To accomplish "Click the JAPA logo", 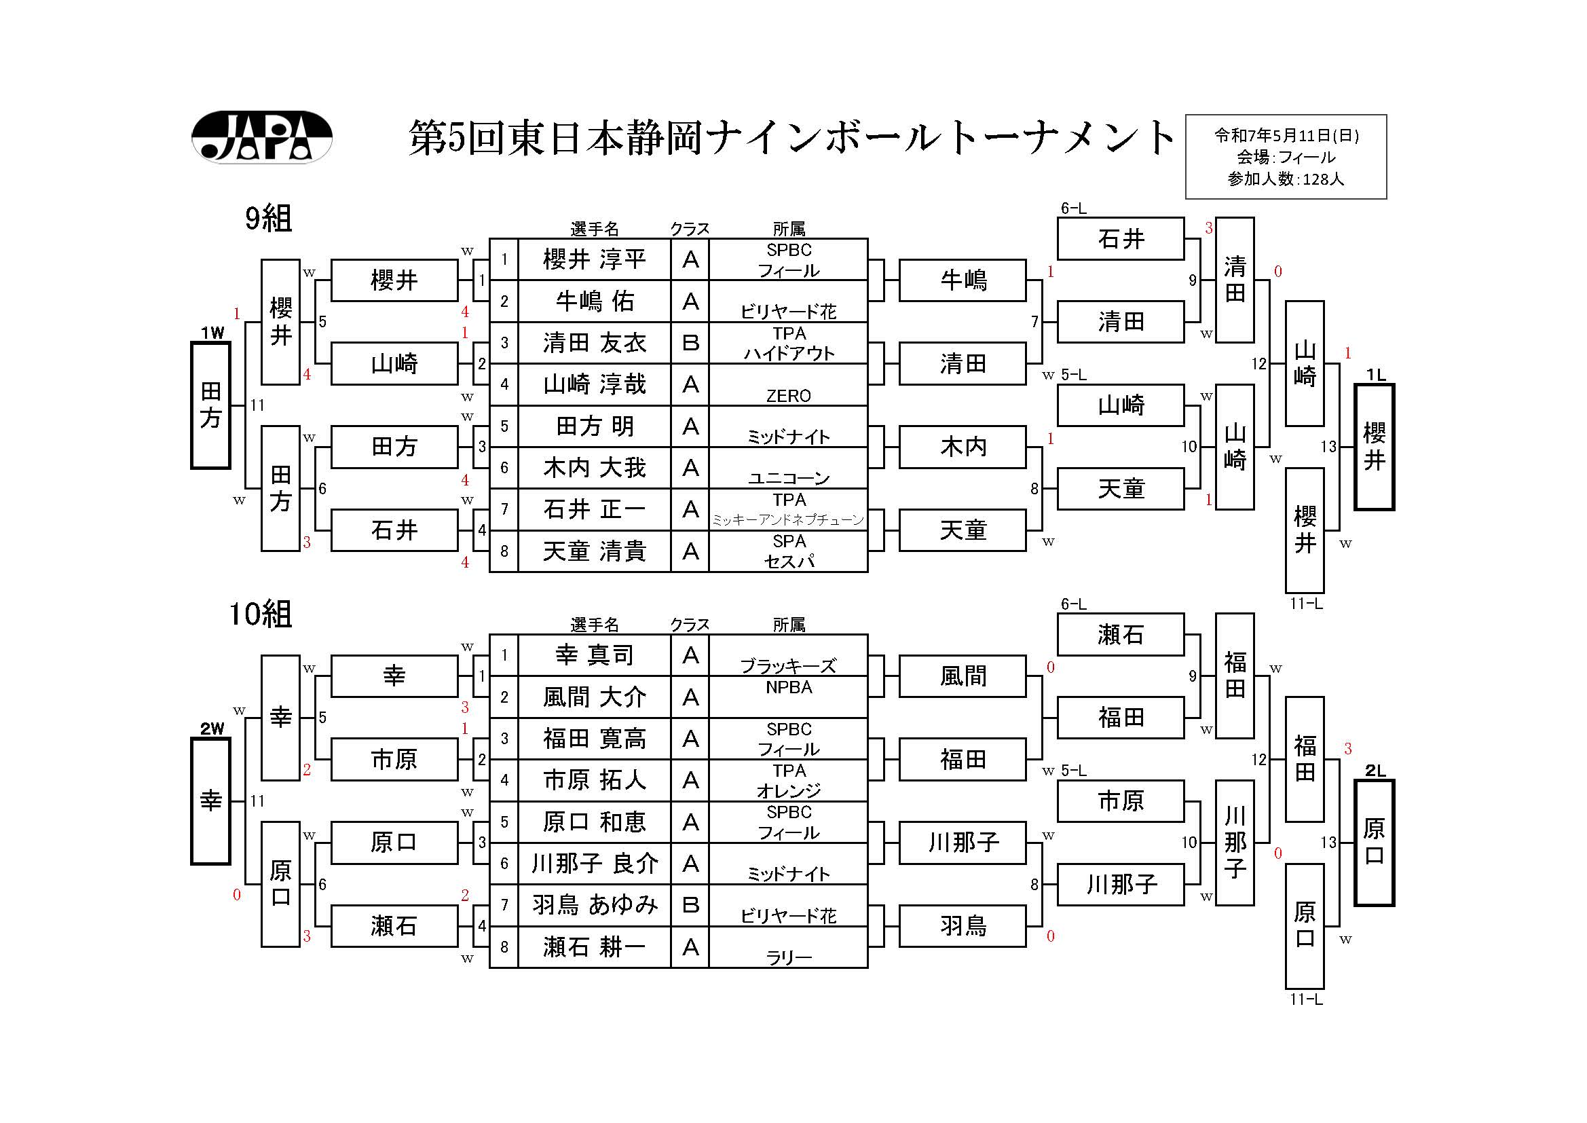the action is [261, 137].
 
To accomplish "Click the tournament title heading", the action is [791, 138].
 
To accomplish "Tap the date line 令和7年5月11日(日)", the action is [1286, 136].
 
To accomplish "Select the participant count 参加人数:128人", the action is [1286, 179].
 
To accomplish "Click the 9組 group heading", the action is [269, 219].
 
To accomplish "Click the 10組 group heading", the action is [261, 614].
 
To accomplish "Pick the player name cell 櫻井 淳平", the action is [595, 260].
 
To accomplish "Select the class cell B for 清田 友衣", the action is [690, 343].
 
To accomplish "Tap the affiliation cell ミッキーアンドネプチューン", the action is [788, 520].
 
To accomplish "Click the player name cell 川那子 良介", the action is [595, 864].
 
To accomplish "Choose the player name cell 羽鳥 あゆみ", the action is [595, 905].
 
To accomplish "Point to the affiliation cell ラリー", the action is [788, 957].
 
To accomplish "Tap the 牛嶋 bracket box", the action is [963, 280].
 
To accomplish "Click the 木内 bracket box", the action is [963, 447].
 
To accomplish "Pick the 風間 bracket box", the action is [963, 676].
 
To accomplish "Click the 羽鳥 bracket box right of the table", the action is [963, 926].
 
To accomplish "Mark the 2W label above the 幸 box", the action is [212, 728].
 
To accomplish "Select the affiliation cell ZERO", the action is [788, 396].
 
